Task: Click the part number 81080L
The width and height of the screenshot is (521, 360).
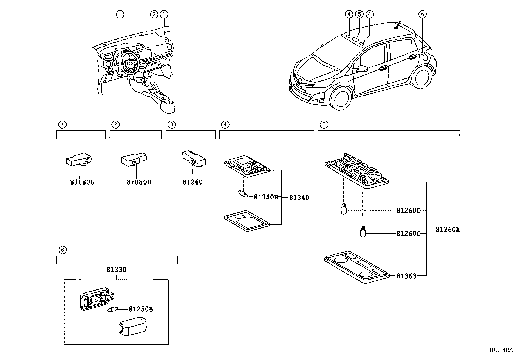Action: (x=82, y=182)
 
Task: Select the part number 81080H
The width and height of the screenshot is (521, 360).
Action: (x=139, y=182)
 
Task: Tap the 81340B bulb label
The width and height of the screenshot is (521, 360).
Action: (x=266, y=197)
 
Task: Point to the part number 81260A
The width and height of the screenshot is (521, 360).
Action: (x=447, y=230)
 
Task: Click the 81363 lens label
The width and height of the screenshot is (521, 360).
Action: (x=406, y=276)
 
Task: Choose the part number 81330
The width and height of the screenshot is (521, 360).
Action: (x=116, y=270)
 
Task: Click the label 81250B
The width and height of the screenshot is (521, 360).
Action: (x=141, y=309)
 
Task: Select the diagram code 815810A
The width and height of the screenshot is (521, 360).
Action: (x=501, y=350)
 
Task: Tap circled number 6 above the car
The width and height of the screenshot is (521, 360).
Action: (x=422, y=14)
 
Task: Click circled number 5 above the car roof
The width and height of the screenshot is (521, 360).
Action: (x=359, y=14)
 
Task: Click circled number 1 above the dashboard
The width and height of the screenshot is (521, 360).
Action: (x=120, y=14)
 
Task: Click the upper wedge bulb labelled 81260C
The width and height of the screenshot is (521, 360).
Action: (x=343, y=208)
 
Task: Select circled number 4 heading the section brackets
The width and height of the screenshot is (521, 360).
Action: (x=225, y=124)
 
